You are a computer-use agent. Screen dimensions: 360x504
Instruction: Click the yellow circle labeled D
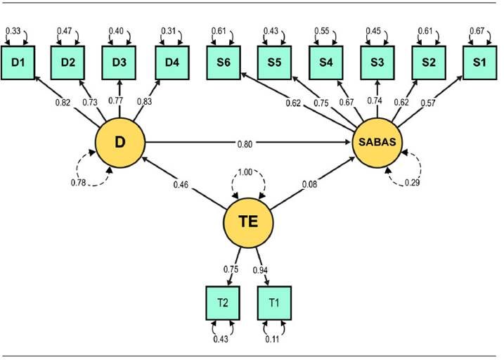click(120, 143)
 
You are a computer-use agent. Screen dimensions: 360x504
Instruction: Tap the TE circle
click(248, 221)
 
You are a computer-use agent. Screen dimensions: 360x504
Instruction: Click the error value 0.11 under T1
click(274, 340)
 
